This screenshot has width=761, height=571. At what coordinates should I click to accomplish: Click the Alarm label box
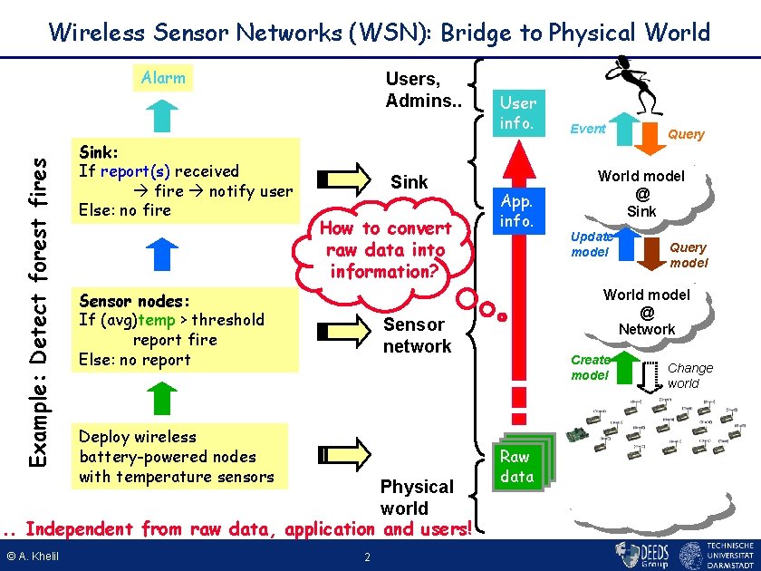click(x=164, y=78)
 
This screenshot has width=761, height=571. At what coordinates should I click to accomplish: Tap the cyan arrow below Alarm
click(x=164, y=113)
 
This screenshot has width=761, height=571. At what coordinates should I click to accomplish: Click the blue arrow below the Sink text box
click(x=159, y=253)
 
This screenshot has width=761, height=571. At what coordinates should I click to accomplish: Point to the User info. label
click(x=517, y=112)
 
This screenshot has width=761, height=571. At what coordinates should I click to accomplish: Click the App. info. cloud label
click(x=517, y=209)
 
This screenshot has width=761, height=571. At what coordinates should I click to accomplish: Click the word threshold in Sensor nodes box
click(x=227, y=320)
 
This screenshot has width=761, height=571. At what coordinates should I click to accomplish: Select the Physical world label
click(x=417, y=498)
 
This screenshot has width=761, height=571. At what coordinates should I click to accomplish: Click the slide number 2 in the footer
click(x=366, y=556)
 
